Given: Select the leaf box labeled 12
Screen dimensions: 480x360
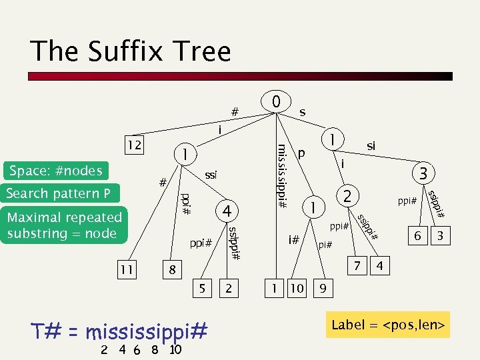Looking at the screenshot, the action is (135, 145).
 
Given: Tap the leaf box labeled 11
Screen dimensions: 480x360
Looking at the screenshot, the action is (125, 269).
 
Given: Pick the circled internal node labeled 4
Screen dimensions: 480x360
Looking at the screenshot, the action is (227, 211).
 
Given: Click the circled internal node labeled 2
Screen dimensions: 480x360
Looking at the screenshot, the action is (347, 196).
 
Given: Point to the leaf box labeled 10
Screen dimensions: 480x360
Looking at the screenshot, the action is (297, 289).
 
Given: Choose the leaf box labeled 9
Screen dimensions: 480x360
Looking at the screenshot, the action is (323, 289).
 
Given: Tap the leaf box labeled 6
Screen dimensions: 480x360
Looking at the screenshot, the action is (417, 236).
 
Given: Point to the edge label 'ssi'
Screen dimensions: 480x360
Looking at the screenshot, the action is (211, 175).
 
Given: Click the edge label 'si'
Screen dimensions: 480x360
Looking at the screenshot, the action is (371, 145).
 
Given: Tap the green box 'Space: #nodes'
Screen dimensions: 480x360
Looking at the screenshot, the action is (55, 171).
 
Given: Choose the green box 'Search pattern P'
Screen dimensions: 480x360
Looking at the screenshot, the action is (59, 193).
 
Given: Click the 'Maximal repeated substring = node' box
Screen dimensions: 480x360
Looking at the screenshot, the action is (64, 225).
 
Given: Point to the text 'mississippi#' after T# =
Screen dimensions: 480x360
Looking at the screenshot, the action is (147, 331).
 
